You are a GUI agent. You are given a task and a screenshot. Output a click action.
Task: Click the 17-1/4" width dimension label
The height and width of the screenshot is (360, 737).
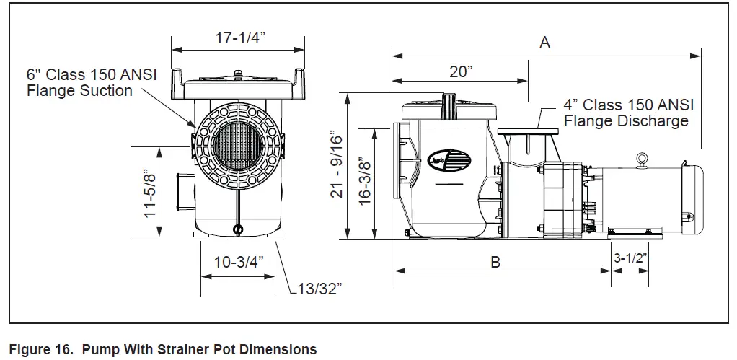click(239, 38)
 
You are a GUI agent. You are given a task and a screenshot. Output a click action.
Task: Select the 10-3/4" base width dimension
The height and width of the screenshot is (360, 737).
click(238, 261)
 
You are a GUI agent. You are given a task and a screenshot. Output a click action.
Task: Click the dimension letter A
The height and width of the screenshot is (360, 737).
click(545, 43)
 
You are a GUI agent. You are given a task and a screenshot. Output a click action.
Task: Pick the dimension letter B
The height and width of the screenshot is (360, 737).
click(495, 262)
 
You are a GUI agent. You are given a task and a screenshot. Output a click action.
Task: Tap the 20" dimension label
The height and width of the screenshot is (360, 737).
click(459, 71)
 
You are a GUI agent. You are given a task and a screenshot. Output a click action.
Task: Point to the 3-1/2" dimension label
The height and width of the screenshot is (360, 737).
click(628, 258)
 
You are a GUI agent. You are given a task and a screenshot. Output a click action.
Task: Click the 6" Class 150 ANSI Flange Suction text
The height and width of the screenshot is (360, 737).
click(79, 82)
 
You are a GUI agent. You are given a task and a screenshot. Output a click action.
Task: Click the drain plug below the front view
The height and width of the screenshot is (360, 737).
click(238, 229)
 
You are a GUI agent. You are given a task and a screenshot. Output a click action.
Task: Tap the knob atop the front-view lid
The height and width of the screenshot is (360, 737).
click(238, 74)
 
